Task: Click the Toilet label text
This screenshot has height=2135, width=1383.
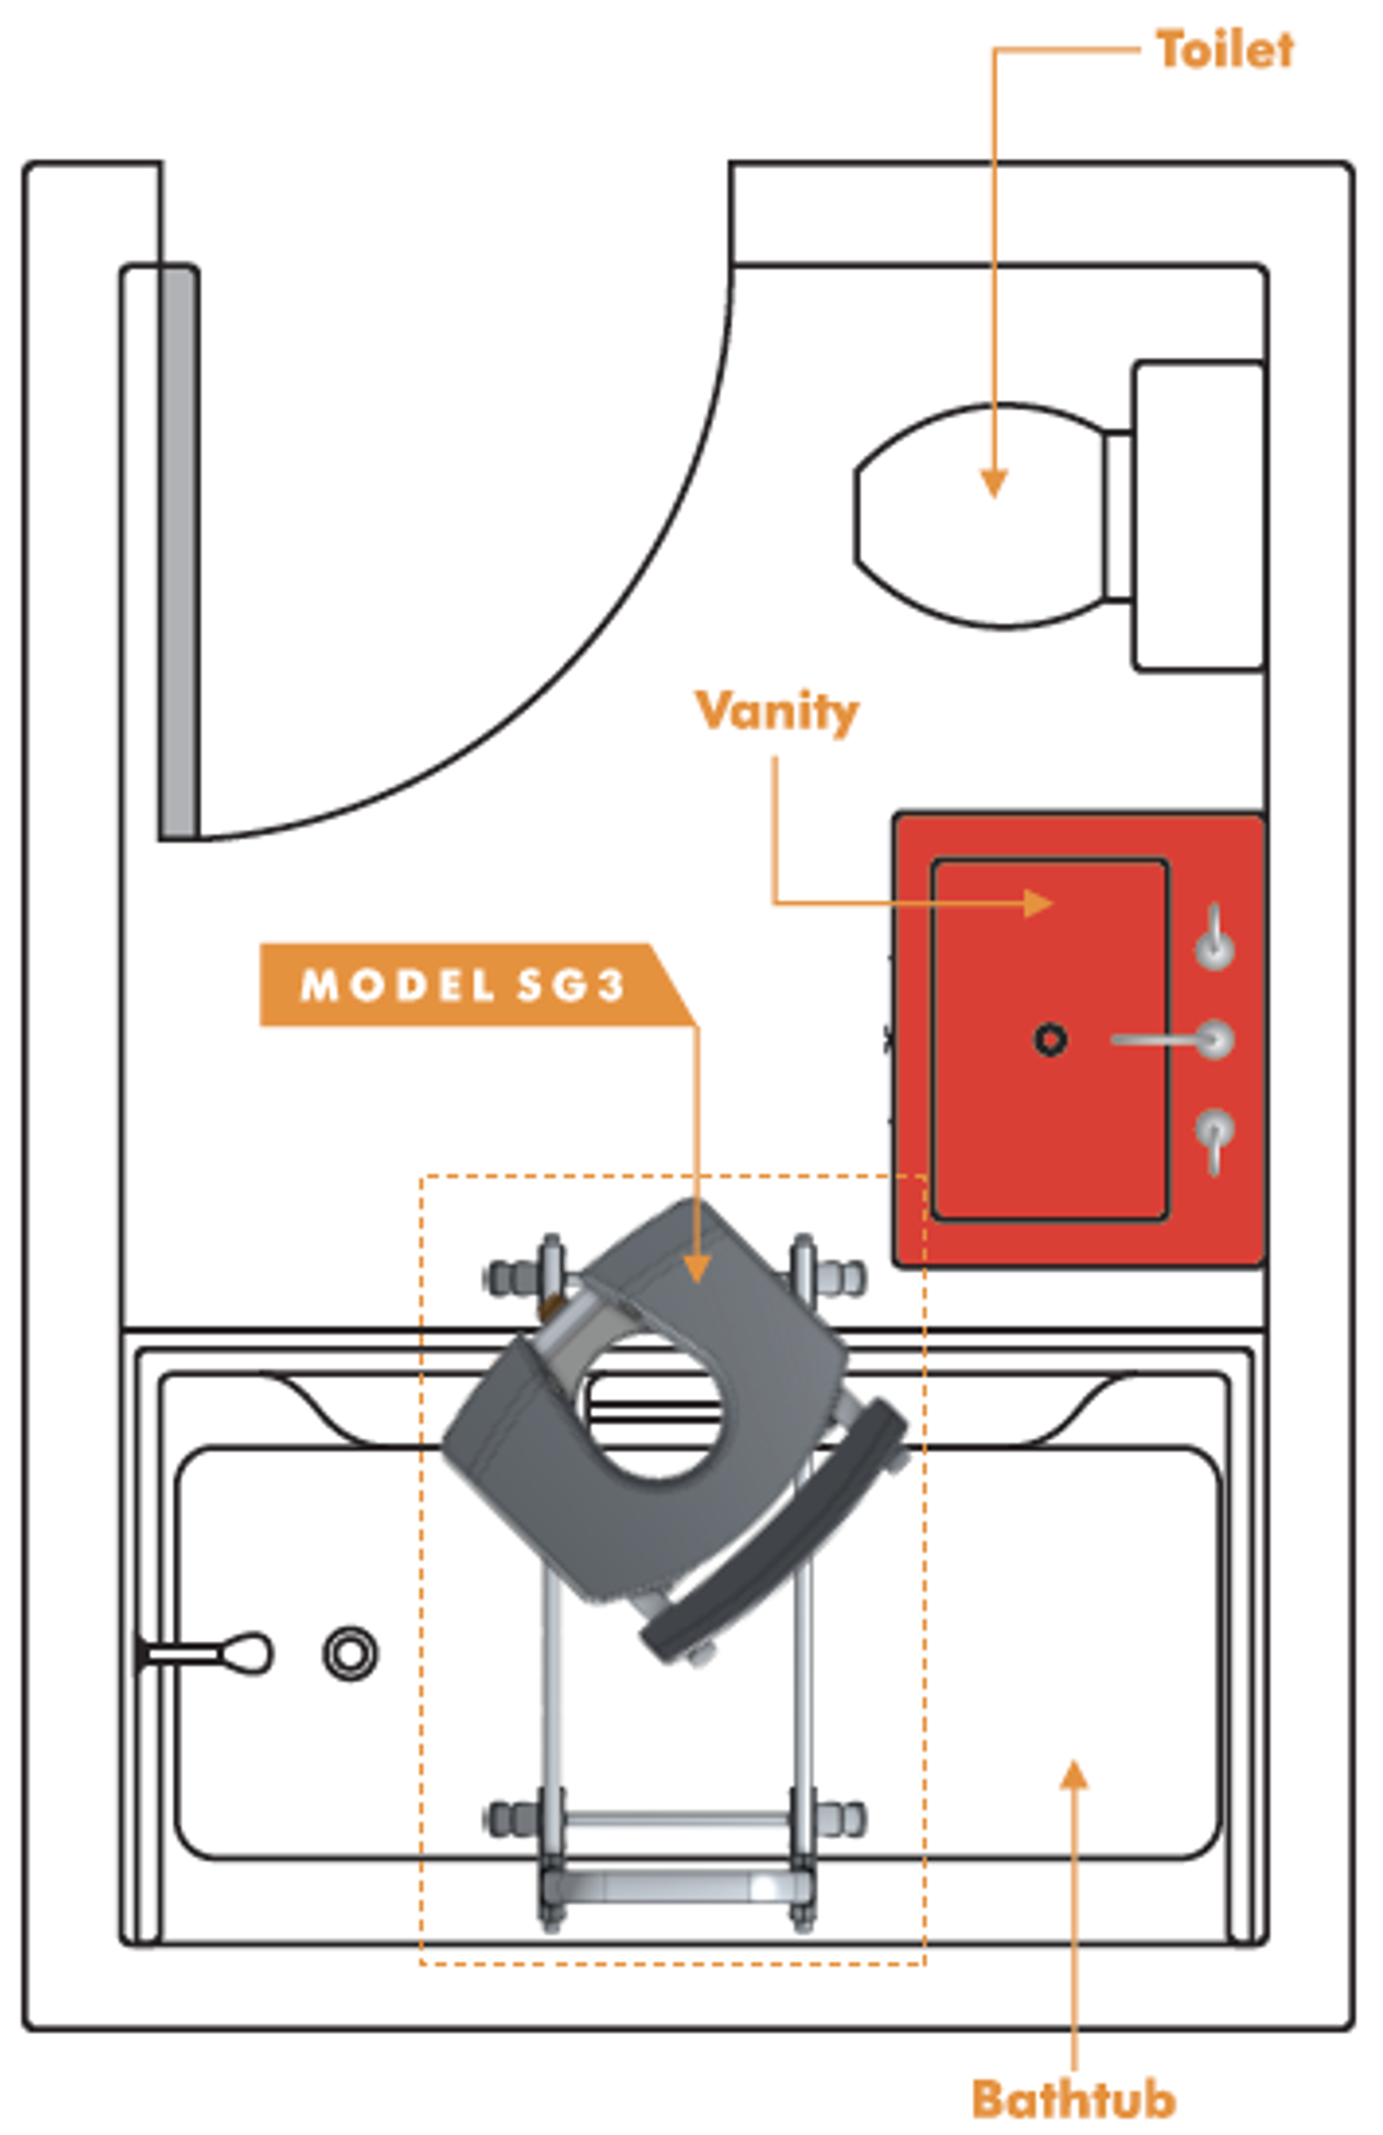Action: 1223,49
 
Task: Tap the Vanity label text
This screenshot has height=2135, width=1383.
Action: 777,712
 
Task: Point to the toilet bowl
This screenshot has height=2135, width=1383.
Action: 981,516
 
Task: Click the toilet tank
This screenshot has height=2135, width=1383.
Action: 1198,516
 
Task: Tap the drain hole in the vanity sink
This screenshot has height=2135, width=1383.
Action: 1050,1039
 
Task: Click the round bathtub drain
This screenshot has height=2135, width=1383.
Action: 351,1653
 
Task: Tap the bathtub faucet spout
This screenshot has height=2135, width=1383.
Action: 206,1653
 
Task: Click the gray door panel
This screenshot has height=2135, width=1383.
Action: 180,552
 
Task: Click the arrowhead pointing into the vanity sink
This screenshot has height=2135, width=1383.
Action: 1038,903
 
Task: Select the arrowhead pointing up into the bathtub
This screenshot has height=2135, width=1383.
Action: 1075,1775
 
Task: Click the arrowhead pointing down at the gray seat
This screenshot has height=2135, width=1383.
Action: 697,1268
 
